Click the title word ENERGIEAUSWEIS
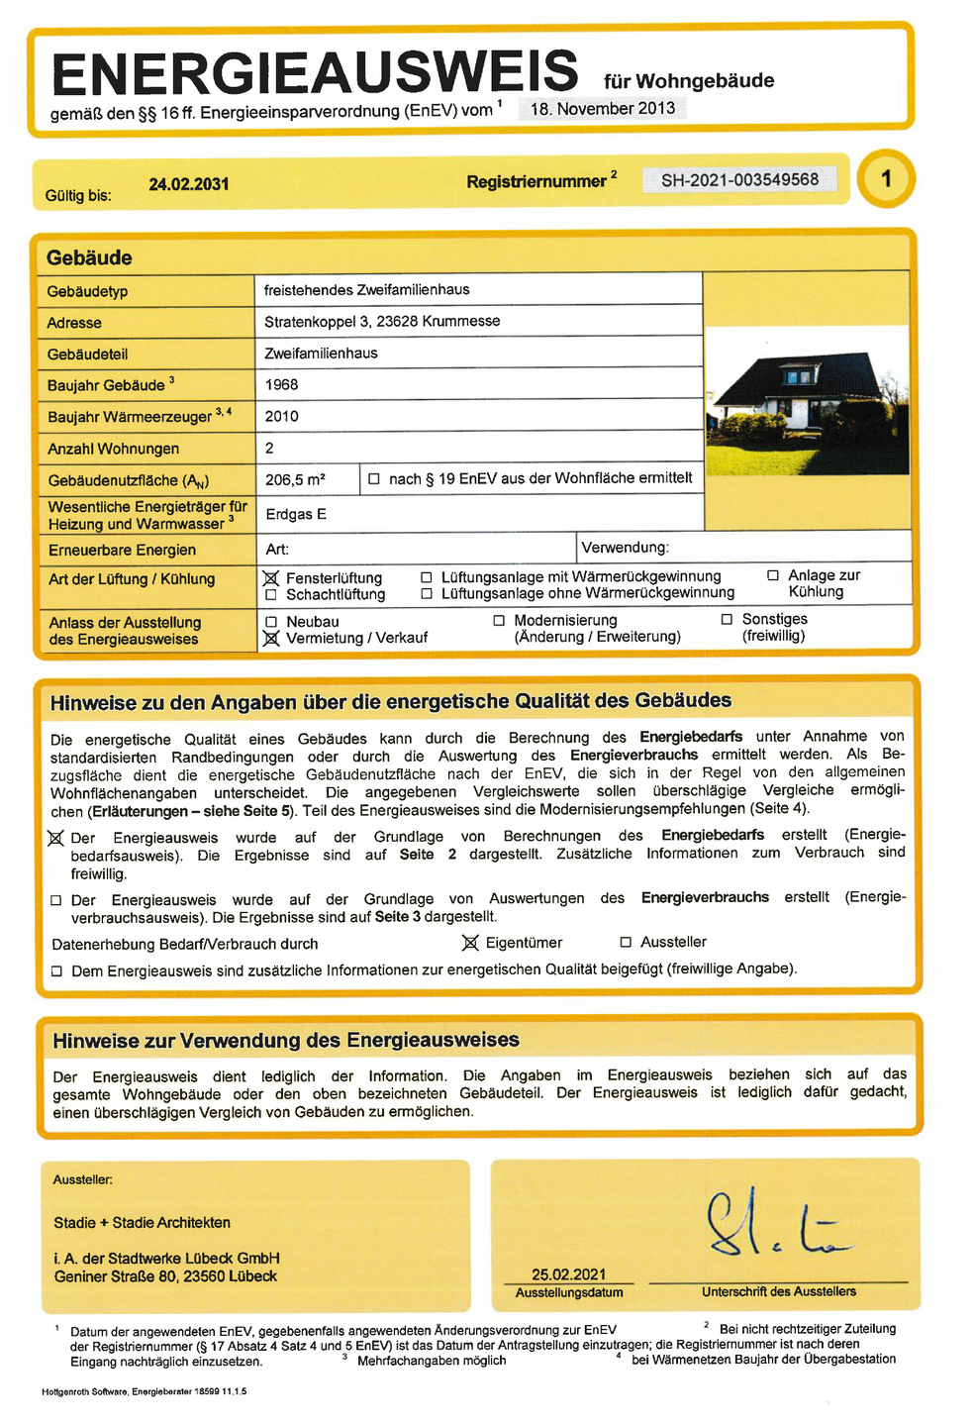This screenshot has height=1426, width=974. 315,72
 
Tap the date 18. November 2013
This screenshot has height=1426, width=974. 603,109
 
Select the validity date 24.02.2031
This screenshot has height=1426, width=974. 189,184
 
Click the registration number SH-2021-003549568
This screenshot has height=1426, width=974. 739,180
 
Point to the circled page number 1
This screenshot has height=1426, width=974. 886,179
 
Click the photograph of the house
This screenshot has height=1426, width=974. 806,400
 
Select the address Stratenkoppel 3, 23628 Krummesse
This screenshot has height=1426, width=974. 382,322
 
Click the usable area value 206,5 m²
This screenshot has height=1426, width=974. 295,479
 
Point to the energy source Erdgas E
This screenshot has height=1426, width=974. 295,514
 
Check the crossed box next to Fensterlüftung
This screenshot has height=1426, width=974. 270,578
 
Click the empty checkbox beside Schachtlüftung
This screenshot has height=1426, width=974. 270,595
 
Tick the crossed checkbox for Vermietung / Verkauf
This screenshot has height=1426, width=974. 270,639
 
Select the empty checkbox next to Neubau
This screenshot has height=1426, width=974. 270,622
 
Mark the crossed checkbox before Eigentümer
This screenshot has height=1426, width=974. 470,943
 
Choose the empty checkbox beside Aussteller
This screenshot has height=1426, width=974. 626,943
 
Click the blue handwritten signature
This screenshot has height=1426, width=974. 772,1226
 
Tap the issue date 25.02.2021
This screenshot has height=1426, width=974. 568,1274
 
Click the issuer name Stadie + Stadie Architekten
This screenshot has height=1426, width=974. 142,1223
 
